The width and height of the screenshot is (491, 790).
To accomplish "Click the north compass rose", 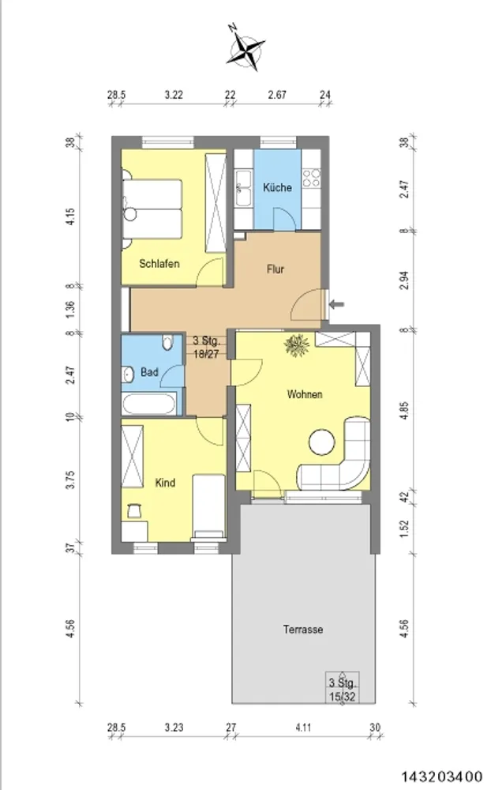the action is (245, 47).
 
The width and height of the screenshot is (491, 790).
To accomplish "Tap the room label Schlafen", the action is (159, 264).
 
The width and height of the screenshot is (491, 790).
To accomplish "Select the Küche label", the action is (277, 187).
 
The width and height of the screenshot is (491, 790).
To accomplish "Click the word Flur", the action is (275, 269).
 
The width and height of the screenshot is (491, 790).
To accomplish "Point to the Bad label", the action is (149, 372).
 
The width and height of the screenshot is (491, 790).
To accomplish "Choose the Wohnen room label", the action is (305, 394).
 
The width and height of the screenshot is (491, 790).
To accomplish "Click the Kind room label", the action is (165, 483).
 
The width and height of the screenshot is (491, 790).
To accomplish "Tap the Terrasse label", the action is (302, 630).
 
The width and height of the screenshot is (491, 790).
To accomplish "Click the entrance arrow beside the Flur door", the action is (337, 304).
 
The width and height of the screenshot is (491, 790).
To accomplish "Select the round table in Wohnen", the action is (322, 442).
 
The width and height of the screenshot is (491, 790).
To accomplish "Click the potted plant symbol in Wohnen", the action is (297, 345).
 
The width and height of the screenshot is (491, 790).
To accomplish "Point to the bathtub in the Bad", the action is (149, 404).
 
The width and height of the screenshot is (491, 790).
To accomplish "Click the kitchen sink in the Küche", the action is (244, 188).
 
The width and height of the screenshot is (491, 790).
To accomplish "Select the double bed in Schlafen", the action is (152, 209).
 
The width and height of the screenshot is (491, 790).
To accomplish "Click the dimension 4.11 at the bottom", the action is (303, 728).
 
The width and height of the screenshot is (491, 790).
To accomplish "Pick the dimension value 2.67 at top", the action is (277, 95).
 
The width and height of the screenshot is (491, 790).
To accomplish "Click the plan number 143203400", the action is (441, 777).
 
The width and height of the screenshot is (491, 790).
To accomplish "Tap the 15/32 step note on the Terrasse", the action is (343, 697).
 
